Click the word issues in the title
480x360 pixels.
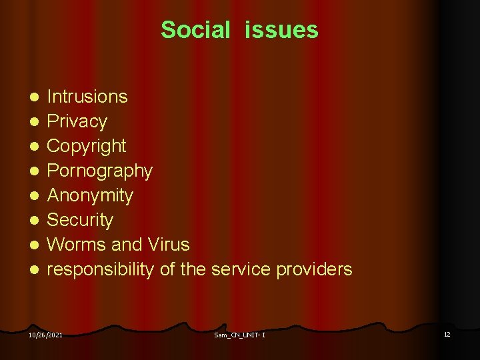(281, 30)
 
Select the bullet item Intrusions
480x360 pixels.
(87, 97)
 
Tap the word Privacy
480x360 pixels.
(77, 121)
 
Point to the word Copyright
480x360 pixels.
(86, 146)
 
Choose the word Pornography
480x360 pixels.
(99, 171)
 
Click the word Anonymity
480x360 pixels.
(90, 195)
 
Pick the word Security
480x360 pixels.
(80, 220)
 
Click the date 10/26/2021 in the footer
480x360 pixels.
(45, 335)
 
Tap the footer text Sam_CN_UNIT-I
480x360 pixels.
(240, 335)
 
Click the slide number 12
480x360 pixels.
(447, 334)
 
